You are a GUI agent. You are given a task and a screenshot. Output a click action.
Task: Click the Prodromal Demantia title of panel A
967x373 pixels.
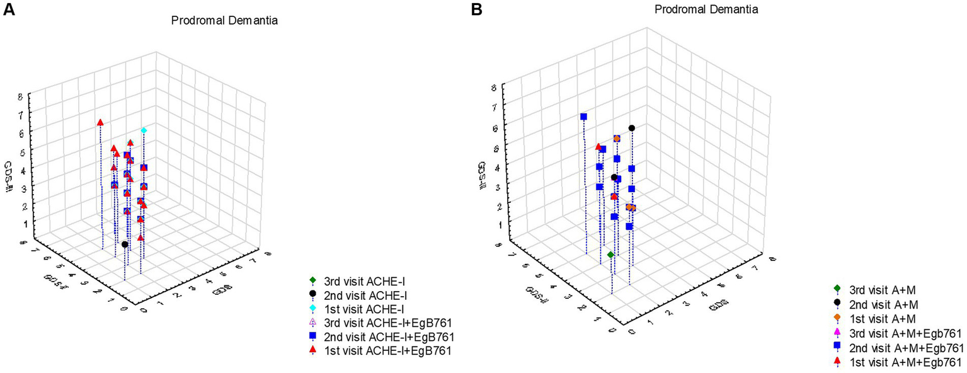click(225, 21)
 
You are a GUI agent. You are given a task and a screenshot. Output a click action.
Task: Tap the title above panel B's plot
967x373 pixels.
click(706, 9)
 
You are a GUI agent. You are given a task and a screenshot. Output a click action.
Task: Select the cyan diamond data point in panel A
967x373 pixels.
click(144, 130)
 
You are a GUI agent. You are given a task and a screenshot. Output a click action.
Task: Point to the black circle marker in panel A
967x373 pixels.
click(125, 244)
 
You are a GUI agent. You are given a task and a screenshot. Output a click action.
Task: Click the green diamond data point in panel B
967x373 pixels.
click(610, 255)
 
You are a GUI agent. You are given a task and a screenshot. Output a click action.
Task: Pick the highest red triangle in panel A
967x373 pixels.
click(100, 122)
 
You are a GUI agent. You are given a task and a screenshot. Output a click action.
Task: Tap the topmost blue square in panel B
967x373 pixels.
click(584, 117)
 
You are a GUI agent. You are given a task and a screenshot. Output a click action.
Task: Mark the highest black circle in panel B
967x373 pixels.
click(631, 128)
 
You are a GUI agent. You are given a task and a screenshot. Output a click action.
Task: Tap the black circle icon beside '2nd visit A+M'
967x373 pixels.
click(837, 303)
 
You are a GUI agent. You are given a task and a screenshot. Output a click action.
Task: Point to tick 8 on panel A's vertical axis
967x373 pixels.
click(21, 97)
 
